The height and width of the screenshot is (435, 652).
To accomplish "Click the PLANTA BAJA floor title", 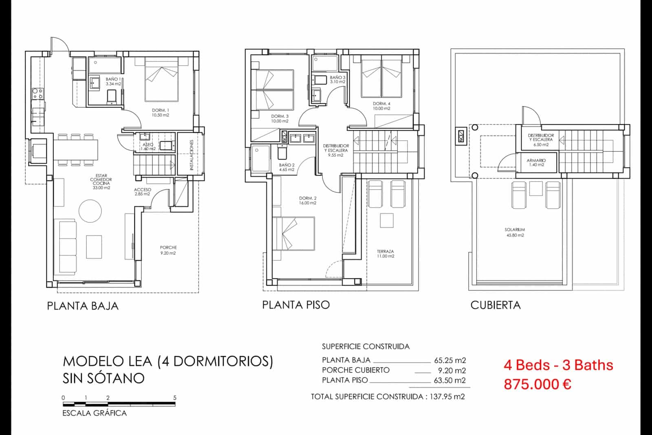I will point(83,306).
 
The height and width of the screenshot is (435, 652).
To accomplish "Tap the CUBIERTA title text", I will point(495,305).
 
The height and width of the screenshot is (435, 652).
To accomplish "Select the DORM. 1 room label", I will point(160,113).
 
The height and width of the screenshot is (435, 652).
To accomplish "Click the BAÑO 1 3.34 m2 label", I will point(113,81).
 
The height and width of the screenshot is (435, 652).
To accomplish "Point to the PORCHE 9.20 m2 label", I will point(168,250).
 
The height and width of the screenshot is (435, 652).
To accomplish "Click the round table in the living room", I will point(90,211).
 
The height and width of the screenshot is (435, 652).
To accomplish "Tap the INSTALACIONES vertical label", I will point(191,155).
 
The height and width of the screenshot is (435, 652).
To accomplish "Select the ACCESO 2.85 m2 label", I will point(142,192).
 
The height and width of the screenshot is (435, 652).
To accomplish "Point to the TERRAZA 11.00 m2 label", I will point(385,254).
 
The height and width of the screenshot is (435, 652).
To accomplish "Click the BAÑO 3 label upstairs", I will point(337,79).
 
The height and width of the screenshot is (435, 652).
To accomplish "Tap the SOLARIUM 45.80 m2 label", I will point(515,232).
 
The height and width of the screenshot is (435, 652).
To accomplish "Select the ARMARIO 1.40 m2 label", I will point(536,162).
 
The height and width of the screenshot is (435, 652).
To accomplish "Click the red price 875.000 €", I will point(537,384).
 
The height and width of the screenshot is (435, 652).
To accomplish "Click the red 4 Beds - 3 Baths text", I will point(558,364).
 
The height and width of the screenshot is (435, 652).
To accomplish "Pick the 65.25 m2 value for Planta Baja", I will point(449,360).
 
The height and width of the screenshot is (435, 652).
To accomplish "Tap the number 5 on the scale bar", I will point(175,397).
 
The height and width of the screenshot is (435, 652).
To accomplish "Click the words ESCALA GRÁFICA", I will point(94,413).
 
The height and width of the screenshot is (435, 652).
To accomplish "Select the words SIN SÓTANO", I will point(104,378).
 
